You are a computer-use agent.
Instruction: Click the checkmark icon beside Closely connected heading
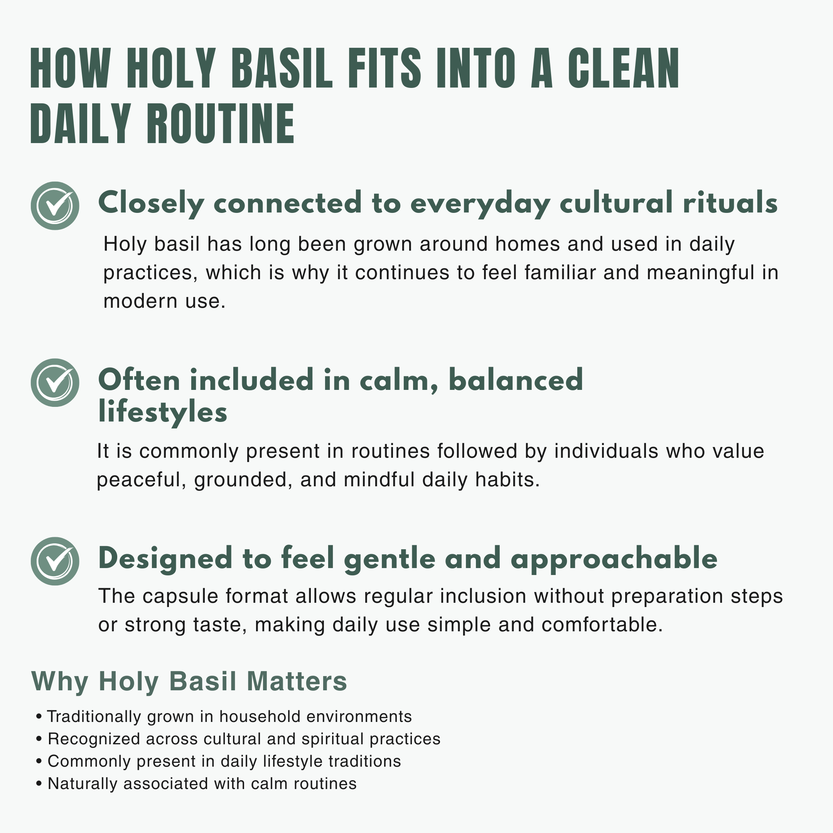[55, 206]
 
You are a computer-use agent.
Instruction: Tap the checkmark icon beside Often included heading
[55, 383]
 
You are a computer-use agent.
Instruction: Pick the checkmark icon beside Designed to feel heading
[55, 561]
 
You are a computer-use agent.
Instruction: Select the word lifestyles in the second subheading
[162, 413]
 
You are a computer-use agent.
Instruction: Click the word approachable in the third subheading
[614, 560]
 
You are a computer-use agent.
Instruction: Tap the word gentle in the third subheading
[390, 560]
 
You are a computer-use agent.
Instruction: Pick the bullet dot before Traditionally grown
[39, 717]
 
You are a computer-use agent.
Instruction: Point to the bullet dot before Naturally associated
[39, 784]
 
